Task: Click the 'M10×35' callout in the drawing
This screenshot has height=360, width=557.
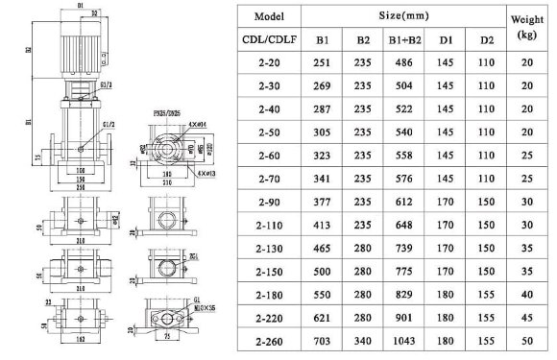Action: point(193,307)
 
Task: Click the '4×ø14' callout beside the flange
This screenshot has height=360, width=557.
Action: point(197,121)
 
